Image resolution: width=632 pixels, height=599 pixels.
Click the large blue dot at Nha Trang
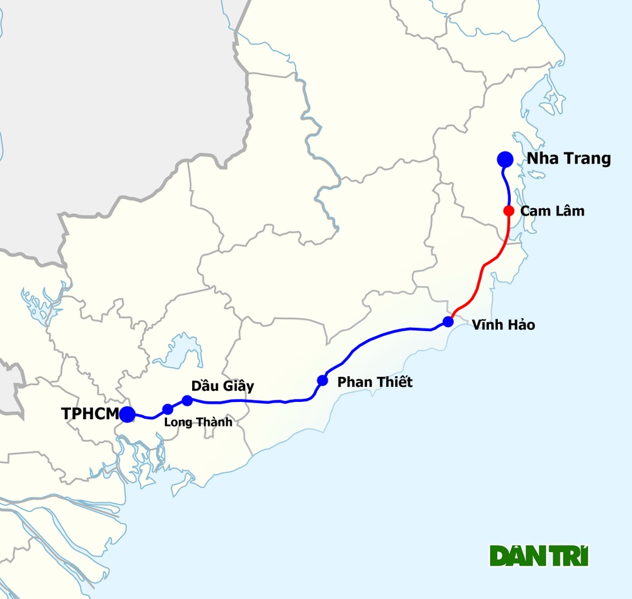tap(505, 159)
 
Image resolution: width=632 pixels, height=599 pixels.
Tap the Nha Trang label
tap(569, 159)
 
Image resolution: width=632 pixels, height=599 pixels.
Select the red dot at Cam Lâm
tap(509, 211)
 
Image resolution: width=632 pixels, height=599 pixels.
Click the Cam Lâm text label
tap(552, 211)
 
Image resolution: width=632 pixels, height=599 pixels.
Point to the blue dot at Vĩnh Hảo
tap(448, 321)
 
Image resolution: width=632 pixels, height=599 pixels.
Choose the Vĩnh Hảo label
tap(503, 325)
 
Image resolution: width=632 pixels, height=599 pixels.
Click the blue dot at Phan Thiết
tap(322, 381)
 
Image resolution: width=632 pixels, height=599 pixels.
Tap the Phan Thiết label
tap(375, 382)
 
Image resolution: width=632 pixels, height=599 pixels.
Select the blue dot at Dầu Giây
tap(188, 401)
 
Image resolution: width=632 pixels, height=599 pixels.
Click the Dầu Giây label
tap(222, 386)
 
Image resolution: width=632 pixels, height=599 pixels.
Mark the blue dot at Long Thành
tap(168, 409)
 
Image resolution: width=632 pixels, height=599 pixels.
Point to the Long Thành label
tap(198, 423)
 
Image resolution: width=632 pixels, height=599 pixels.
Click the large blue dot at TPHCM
tap(127, 414)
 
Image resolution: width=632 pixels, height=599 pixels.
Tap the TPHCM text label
tap(90, 414)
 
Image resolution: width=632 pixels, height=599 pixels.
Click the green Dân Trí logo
tap(539, 556)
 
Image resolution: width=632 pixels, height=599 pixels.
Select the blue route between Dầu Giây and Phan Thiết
tap(258, 402)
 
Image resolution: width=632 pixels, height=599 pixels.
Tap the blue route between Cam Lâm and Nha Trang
tap(508, 187)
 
